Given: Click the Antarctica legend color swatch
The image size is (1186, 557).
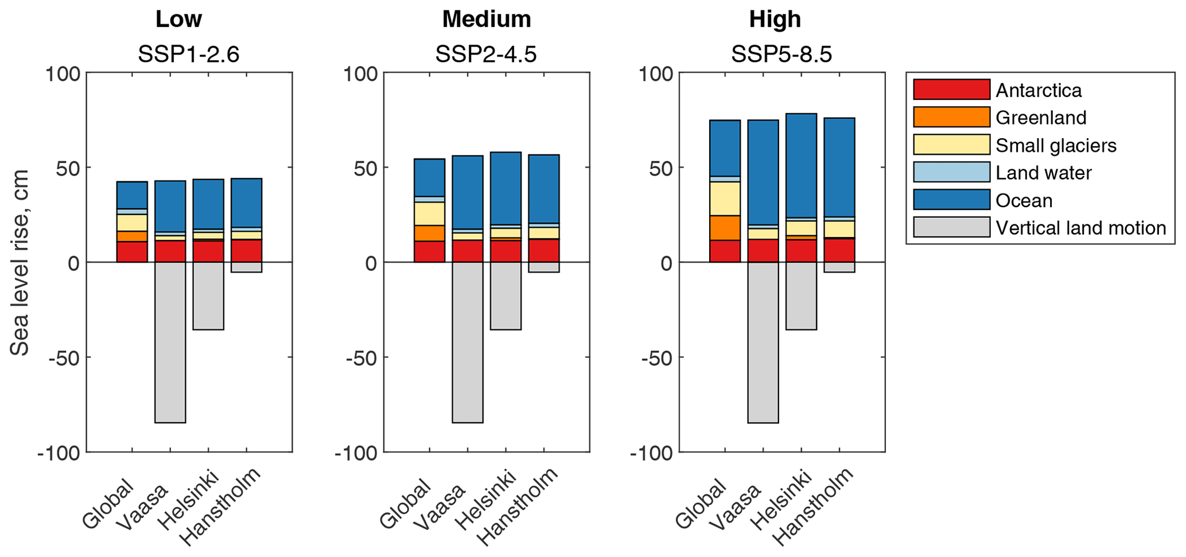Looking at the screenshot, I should (951, 89).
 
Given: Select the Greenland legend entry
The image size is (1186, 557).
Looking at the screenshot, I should (1040, 118).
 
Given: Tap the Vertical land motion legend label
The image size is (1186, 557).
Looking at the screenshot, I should (1080, 228).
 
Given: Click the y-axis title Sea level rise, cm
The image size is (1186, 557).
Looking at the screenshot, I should (21, 262).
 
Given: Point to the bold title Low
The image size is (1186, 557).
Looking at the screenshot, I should (178, 20).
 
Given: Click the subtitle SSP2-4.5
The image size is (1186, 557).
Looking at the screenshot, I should (486, 54).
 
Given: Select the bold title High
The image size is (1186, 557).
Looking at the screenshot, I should (775, 20).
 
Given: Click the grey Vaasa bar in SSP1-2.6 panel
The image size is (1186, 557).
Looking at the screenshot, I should (170, 342).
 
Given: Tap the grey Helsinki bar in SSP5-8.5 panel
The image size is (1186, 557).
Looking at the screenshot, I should (801, 295).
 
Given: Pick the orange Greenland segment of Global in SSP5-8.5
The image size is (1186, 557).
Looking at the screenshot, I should (725, 228).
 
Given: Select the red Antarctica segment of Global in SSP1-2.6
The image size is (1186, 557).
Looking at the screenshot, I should (132, 252).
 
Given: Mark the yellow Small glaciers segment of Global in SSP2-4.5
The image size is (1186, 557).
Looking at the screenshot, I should (429, 213).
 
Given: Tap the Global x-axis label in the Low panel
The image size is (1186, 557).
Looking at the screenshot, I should (108, 504).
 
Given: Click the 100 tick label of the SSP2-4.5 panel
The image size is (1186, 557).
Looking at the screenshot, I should (360, 73).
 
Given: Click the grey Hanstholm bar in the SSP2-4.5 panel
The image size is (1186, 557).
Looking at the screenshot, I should (544, 267).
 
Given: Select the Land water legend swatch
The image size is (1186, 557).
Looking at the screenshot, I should (951, 172).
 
